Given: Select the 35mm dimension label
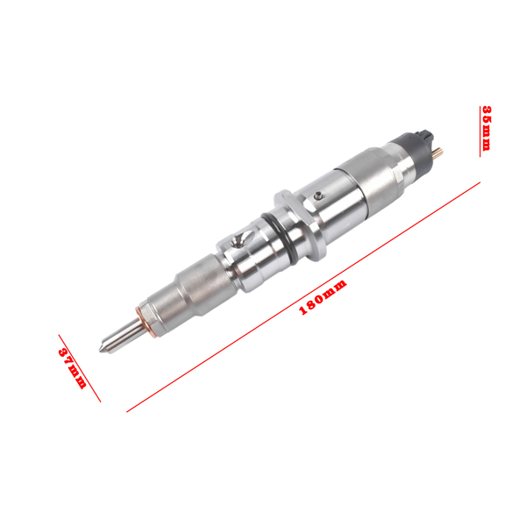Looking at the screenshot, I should (487, 127).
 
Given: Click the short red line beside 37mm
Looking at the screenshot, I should (79, 367).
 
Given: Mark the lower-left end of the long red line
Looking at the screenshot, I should (129, 409).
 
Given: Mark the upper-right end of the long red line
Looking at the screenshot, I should (480, 182).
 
